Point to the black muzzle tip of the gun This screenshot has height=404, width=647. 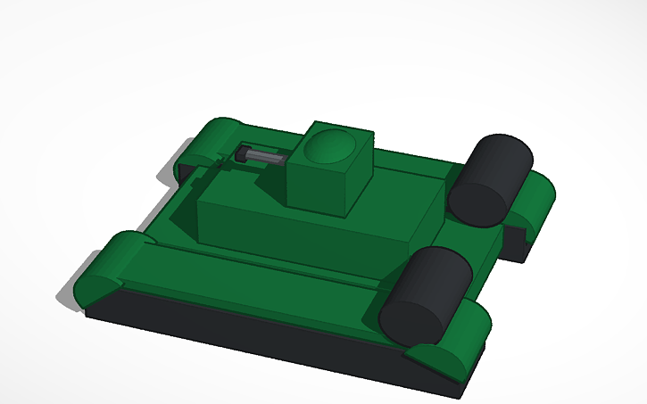pyautogui.click(x=241, y=156)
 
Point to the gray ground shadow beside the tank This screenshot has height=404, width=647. pyautogui.click(x=71, y=294)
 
